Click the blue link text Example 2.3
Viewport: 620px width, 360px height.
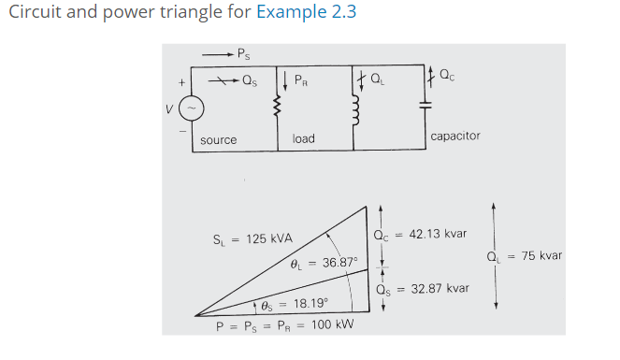pos(307,13)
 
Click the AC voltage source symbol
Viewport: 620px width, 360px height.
pos(190,108)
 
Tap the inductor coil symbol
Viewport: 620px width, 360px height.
pos(353,108)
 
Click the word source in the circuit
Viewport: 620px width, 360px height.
pos(219,139)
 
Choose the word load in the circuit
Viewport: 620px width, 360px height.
pos(303,138)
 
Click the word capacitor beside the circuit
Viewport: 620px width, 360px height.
pos(455,136)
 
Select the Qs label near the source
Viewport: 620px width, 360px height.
pos(249,81)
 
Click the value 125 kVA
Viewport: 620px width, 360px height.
pos(269,238)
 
